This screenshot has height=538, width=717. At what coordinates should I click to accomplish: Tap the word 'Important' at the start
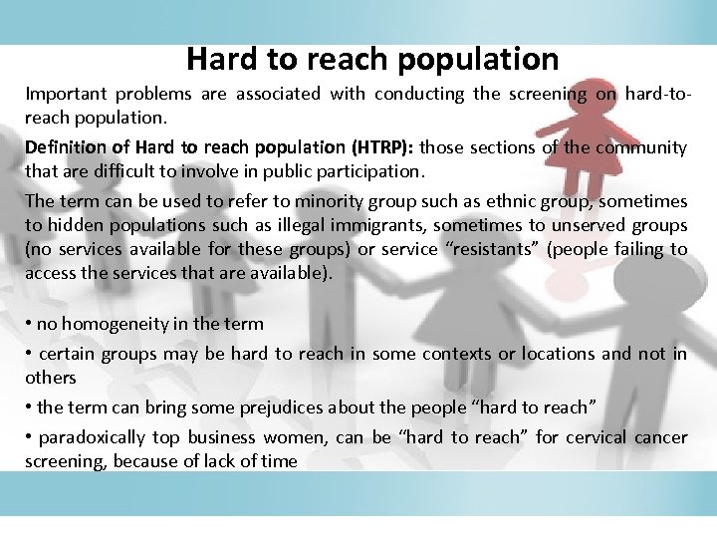click(65, 95)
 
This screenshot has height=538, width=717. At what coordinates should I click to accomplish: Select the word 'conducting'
click(419, 95)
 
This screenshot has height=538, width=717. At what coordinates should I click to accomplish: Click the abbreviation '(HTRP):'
click(375, 148)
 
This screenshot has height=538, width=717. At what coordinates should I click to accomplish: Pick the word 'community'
click(635, 148)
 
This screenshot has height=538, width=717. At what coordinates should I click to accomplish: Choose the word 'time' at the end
click(279, 461)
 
